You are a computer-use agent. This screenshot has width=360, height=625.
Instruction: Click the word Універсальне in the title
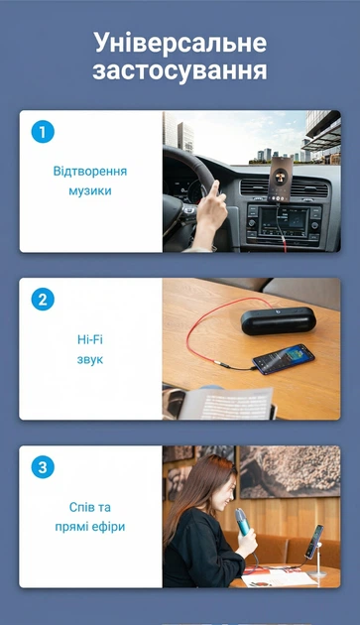(180, 44)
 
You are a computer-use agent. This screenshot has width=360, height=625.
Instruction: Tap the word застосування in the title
(180, 71)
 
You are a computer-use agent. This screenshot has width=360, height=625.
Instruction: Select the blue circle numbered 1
(43, 132)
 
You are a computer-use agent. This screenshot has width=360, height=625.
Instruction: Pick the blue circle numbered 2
(43, 300)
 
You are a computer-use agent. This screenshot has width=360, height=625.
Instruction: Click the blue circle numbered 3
(43, 467)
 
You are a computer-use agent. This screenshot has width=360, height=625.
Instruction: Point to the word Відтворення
(90, 172)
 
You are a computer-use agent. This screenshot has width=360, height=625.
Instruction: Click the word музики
(90, 190)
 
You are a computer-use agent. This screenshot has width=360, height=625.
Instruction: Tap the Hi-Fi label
(90, 339)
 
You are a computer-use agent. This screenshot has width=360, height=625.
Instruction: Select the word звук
(90, 359)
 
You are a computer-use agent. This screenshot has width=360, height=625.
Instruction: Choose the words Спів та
(90, 507)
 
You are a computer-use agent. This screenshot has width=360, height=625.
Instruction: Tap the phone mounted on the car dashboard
(280, 179)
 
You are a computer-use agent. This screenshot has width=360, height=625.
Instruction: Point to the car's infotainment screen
(284, 222)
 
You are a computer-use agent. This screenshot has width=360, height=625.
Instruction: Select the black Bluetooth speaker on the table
(279, 320)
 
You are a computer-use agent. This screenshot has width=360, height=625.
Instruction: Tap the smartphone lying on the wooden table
(284, 359)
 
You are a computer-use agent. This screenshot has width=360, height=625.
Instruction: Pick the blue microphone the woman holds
(243, 522)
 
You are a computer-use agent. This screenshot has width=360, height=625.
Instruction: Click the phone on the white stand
(314, 542)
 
